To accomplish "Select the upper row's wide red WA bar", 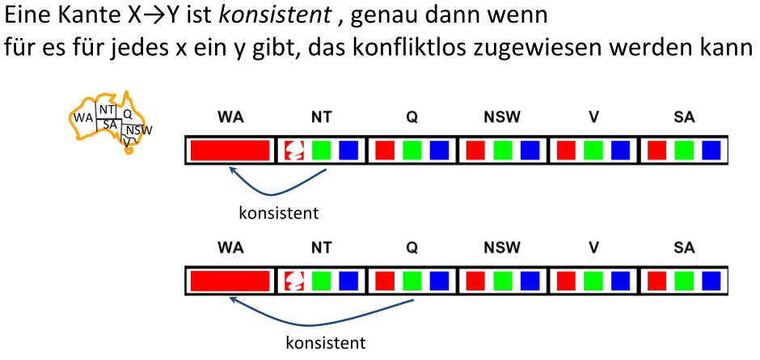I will click(x=230, y=150).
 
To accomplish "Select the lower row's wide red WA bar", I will click(x=230, y=281).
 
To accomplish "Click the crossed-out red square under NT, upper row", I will click(x=294, y=150).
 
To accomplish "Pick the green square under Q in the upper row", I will click(x=412, y=150).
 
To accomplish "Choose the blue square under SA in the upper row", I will click(x=711, y=150).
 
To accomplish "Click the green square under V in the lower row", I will click(x=593, y=281).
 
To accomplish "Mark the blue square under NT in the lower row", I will click(x=348, y=281).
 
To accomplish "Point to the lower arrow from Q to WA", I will click(x=323, y=320).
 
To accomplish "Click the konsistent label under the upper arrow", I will click(x=279, y=214).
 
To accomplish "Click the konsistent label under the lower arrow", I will click(x=326, y=343).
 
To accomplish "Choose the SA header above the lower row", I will click(x=684, y=247).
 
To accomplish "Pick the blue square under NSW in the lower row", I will click(x=529, y=281).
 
